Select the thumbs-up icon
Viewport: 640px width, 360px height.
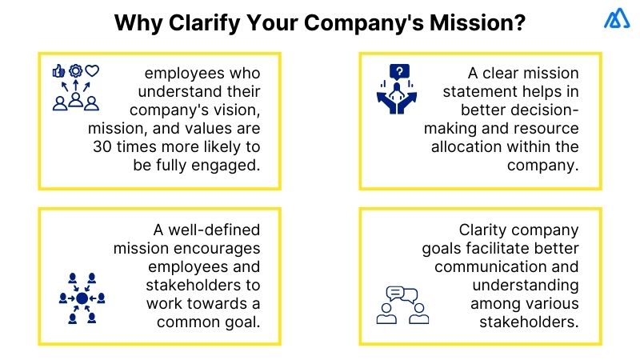pos(58,70)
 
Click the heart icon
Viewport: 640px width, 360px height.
pos(92,70)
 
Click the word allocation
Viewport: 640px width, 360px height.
pos(466,146)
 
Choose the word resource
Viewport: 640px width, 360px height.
pos(542,128)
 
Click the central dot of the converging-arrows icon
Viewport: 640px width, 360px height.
pos(80,298)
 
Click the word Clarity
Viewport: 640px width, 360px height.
pos(486,230)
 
